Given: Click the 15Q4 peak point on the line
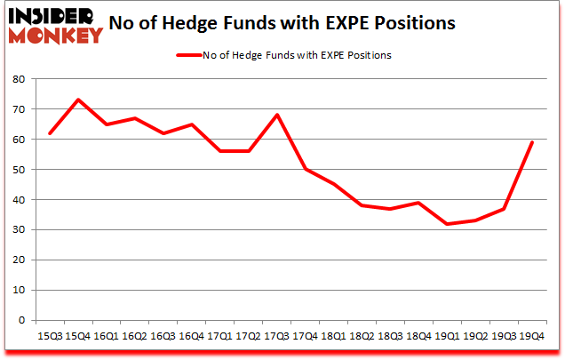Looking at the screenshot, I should [x=78, y=100].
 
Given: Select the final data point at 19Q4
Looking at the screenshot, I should [x=531, y=142].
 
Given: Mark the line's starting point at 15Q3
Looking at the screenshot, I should [x=51, y=133].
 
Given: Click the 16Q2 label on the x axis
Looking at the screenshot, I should [x=133, y=337].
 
